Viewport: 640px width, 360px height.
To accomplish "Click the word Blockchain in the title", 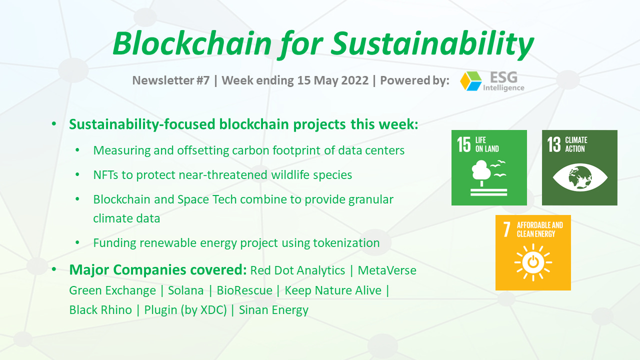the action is click(x=192, y=43).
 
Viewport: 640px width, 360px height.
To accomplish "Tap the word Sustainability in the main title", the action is click(x=432, y=45).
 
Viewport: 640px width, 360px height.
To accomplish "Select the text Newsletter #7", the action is click(x=171, y=80).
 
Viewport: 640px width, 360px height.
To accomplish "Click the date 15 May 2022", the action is click(x=333, y=80).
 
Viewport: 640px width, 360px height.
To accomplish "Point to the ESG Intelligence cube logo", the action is click(x=471, y=81).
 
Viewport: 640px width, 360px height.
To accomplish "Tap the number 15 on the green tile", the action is click(x=463, y=144).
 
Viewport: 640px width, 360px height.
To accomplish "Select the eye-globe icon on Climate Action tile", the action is click(x=579, y=177).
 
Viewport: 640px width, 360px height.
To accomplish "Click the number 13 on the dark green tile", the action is click(x=554, y=144).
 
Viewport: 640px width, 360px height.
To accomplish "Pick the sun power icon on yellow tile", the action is click(x=533, y=262).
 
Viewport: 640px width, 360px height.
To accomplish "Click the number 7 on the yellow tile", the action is click(x=506, y=229).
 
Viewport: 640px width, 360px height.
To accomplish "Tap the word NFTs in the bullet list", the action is click(x=105, y=175).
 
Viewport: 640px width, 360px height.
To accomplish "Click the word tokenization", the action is click(x=346, y=243).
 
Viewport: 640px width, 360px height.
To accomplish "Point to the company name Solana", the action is click(x=185, y=290).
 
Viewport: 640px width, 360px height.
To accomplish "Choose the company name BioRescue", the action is click(x=244, y=290).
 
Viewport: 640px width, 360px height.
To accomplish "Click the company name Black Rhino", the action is click(x=100, y=310).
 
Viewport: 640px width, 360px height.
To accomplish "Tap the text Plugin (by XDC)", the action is click(x=185, y=310).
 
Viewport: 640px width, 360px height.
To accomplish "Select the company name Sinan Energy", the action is click(x=273, y=310).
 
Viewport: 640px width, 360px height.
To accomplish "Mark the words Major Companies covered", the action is click(x=158, y=269).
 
